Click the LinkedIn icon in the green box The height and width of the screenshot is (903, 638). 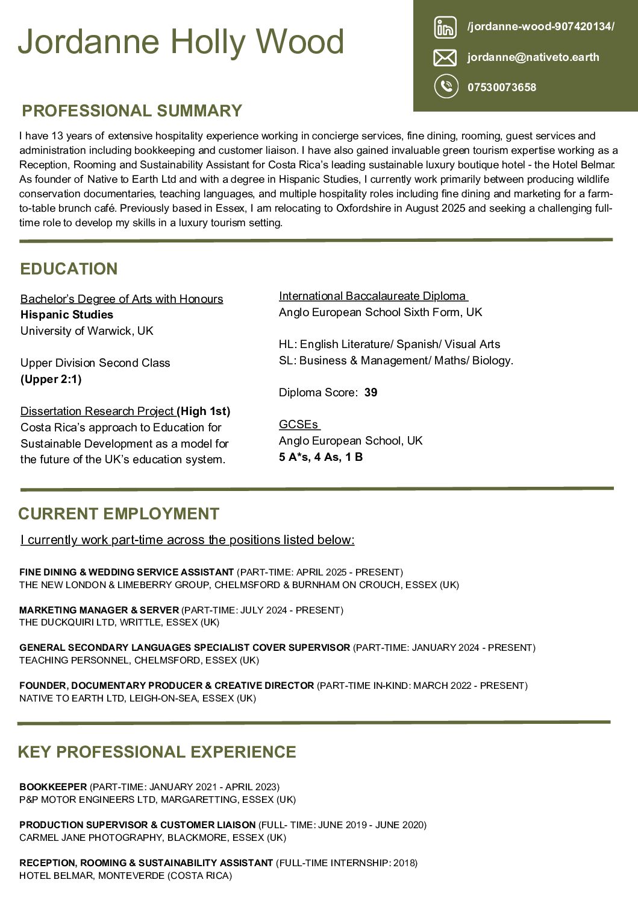tap(445, 27)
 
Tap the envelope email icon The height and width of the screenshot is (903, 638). tap(445, 58)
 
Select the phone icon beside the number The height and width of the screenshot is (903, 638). tap(446, 86)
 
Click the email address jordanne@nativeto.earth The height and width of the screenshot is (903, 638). tap(533, 57)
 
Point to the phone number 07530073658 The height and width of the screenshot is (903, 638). tap(502, 87)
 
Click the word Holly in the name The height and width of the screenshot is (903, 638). tap(208, 42)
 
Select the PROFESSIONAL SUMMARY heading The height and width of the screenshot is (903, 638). tap(132, 111)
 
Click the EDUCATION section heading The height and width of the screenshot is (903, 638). tap(69, 269)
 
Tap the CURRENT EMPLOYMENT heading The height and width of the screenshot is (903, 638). tap(119, 514)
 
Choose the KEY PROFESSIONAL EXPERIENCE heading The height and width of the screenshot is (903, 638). tap(157, 752)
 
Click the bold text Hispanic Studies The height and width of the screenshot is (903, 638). tap(67, 315)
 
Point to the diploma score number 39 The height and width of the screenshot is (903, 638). tap(371, 393)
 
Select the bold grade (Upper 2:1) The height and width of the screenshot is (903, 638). tap(51, 379)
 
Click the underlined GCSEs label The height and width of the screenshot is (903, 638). tap(299, 425)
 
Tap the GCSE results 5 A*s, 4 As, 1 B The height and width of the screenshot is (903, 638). tap(321, 457)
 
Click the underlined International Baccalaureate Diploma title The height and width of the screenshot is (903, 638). tap(373, 296)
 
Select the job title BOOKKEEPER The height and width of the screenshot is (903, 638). tap(53, 787)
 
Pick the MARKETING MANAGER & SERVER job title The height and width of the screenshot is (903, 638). tap(99, 610)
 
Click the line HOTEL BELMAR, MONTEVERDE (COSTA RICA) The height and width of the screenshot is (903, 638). tap(125, 876)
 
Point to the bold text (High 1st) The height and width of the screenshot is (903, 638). tap(204, 411)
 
